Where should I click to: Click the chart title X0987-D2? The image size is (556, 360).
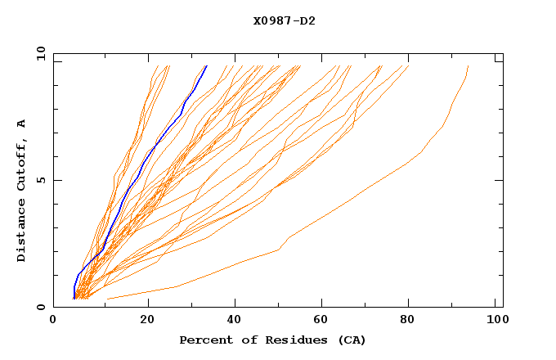click(284, 21)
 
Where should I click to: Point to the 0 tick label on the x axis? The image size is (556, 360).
click(54, 320)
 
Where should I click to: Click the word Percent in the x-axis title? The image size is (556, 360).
click(204, 340)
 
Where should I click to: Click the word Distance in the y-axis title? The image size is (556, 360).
click(22, 232)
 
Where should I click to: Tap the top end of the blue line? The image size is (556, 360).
click(207, 65)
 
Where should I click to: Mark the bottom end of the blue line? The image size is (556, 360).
click(74, 299)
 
